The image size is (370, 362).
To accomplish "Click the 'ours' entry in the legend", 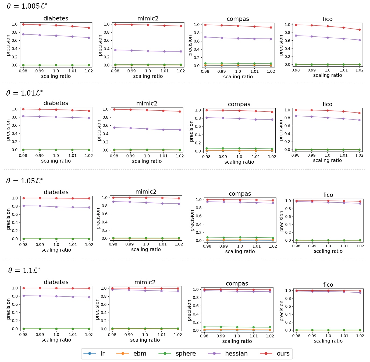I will [x=283, y=354].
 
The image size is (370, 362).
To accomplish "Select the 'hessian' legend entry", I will [x=236, y=354].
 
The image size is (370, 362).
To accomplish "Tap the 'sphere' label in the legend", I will [x=186, y=354].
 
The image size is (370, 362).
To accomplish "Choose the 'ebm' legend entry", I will [x=140, y=354].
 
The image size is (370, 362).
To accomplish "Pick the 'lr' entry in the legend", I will [x=102, y=354].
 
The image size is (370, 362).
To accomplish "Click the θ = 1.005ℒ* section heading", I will [x=27, y=6].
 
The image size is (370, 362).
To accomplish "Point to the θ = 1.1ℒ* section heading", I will [x=24, y=270].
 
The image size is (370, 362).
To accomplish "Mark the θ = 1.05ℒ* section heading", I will [x=24, y=181].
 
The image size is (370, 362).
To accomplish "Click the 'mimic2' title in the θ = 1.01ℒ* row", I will [x=147, y=103].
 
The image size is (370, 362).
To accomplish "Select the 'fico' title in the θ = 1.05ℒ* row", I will [x=328, y=195].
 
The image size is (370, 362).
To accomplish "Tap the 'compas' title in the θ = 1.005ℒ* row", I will [x=238, y=19].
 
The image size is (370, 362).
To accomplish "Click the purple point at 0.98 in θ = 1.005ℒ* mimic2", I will [x=115, y=50].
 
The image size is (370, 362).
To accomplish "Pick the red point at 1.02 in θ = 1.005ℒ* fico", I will [x=360, y=30].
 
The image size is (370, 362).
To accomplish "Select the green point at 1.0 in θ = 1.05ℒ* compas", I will [x=240, y=237].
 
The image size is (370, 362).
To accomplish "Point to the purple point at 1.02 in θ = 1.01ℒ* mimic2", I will [x=180, y=130].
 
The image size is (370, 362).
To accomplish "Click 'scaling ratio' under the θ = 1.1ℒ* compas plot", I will [x=237, y=341].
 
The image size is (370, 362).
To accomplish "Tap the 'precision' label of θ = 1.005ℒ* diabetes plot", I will [x=8, y=45].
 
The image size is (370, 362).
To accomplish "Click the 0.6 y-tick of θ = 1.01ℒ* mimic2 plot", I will [x=106, y=125].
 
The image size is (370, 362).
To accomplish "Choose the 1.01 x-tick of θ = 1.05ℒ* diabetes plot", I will [x=73, y=245].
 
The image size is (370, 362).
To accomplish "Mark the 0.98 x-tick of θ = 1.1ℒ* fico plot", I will [x=296, y=336].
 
